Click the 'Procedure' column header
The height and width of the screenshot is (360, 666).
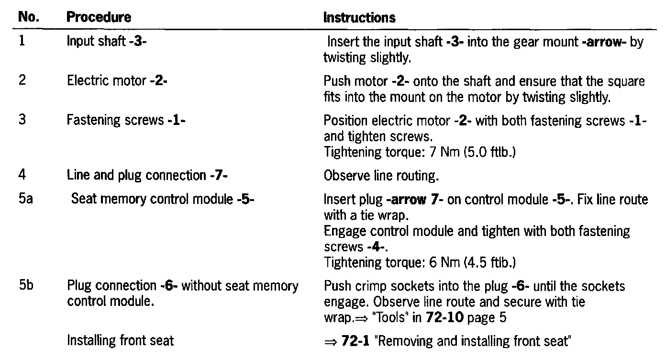pos(99,18)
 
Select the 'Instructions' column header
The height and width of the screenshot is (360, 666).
pos(359,18)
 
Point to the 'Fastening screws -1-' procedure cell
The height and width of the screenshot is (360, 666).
pos(126,120)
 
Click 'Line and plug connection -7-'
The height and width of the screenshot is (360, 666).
pos(147,176)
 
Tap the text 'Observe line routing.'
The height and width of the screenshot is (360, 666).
pos(381,176)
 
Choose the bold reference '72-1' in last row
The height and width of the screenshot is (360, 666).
pos(354,341)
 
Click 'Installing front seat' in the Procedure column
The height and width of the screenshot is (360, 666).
pos(120,341)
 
